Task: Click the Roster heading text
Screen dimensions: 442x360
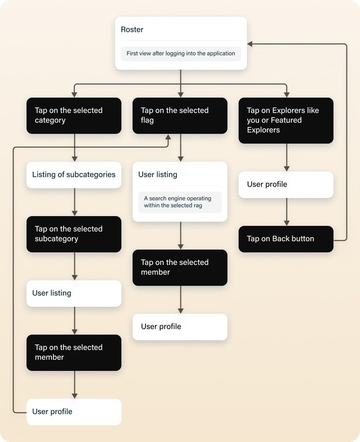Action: pyautogui.click(x=132, y=30)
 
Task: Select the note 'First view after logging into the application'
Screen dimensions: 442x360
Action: pyautogui.click(x=181, y=54)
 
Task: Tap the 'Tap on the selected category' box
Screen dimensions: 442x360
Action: pyautogui.click(x=74, y=116)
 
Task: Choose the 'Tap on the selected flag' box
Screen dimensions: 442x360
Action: pyautogui.click(x=180, y=116)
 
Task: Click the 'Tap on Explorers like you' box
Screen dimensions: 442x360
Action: pyautogui.click(x=286, y=121)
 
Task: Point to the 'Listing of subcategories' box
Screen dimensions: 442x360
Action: pyautogui.click(x=74, y=175)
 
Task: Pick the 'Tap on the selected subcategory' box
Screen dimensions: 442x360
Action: pyautogui.click(x=74, y=234)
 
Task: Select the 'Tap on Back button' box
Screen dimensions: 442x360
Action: pyautogui.click(x=286, y=239)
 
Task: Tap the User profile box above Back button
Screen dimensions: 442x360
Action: pyautogui.click(x=286, y=185)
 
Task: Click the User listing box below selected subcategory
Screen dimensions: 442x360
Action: pyautogui.click(x=74, y=294)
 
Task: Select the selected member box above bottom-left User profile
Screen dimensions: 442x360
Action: pyautogui.click(x=74, y=353)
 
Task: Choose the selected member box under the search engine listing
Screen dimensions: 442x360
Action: pyautogui.click(x=180, y=268)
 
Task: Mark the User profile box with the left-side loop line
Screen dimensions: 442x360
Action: pyautogui.click(x=74, y=412)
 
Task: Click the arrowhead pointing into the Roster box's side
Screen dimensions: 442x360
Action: pyautogui.click(x=250, y=44)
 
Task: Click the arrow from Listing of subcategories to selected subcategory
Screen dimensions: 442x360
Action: pyautogui.click(x=75, y=202)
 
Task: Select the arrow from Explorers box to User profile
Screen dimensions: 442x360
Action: pyautogui.click(x=287, y=157)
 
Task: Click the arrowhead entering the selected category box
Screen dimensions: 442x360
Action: pyautogui.click(x=74, y=94)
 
